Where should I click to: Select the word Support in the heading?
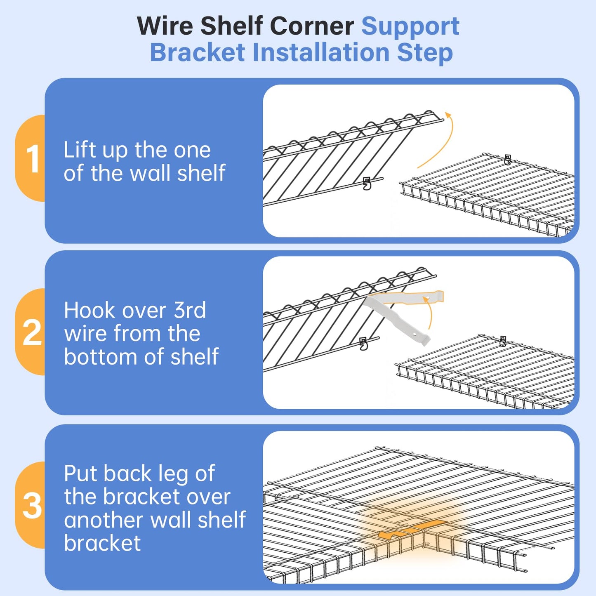[410, 26]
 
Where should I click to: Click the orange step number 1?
[32, 159]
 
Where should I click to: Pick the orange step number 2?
[32, 332]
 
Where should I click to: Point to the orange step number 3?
[32, 506]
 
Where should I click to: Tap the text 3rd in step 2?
[189, 310]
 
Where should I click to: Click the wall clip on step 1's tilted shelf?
[367, 184]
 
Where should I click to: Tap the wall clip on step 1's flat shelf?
[507, 160]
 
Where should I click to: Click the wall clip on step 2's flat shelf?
[503, 341]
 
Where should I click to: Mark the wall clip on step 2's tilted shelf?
[363, 344]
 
